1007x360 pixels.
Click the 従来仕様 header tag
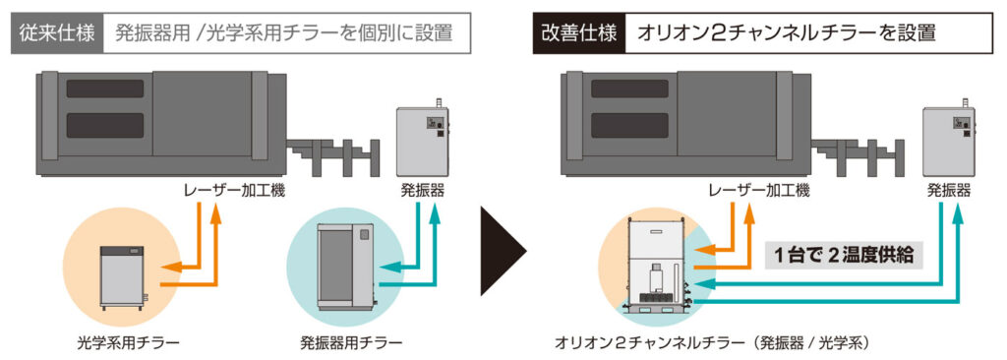(55, 32)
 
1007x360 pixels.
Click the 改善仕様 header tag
(579, 32)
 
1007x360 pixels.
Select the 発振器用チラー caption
(351, 342)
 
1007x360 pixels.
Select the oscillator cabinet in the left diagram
(422, 138)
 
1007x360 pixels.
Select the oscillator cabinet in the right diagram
(948, 138)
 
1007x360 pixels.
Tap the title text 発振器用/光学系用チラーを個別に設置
(284, 32)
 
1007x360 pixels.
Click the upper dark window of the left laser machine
(104, 89)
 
